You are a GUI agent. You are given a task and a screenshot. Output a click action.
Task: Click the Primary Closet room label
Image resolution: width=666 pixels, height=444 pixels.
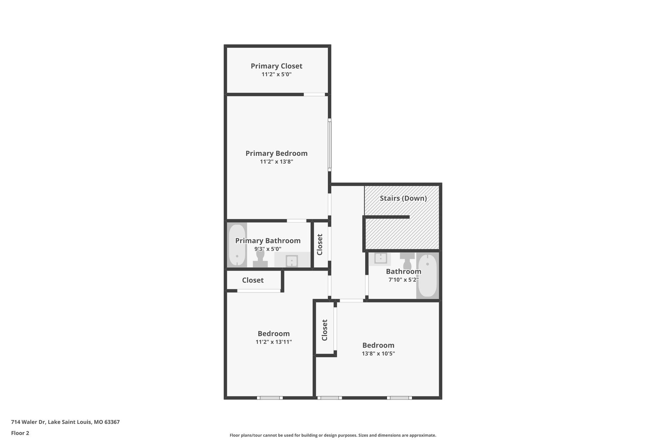coord(276,66)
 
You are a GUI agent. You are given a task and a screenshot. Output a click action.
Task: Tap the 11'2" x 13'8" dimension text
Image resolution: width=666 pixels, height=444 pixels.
coord(276,162)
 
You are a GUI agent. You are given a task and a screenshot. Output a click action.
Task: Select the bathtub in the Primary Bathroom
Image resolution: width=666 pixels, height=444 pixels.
coord(237,245)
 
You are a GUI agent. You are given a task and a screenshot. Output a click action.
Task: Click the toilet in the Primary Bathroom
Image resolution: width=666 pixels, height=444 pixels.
coord(260,260)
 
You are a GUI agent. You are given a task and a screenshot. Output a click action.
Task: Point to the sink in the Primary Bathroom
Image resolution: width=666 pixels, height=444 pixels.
coord(292,261)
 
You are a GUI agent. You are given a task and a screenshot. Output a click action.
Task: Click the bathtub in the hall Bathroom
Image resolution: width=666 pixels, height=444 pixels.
coord(427,275)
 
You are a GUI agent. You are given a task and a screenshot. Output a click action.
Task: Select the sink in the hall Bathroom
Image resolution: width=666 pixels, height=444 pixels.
coord(380,259)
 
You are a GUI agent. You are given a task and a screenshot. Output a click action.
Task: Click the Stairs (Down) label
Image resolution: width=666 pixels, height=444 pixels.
coord(403,198)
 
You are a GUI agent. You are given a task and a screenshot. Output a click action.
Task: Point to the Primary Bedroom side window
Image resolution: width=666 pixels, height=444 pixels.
coord(329,145)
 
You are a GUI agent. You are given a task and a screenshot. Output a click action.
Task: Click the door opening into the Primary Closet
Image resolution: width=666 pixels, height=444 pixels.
coord(314,95)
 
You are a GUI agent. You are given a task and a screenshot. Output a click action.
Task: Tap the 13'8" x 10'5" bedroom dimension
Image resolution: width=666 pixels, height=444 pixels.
coord(378,354)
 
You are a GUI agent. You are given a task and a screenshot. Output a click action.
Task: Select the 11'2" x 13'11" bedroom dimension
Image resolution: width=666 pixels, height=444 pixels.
coord(273,342)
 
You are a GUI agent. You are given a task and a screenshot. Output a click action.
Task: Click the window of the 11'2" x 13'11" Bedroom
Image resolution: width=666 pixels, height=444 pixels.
coord(270,397)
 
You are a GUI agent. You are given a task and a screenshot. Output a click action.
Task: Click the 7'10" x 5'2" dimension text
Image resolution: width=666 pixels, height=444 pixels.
coord(403,279)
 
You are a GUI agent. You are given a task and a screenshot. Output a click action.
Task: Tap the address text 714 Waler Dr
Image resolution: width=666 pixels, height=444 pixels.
coord(65,422)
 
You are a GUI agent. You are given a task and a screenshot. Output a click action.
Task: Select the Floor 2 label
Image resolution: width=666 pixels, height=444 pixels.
coord(20,433)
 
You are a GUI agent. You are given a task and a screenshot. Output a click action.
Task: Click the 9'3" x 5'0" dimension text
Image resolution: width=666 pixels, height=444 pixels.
coord(268,249)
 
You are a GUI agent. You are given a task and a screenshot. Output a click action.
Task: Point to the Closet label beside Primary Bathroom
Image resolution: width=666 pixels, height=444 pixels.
coord(320,245)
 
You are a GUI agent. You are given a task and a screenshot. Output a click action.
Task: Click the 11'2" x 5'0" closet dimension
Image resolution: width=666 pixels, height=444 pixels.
coord(276,74)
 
